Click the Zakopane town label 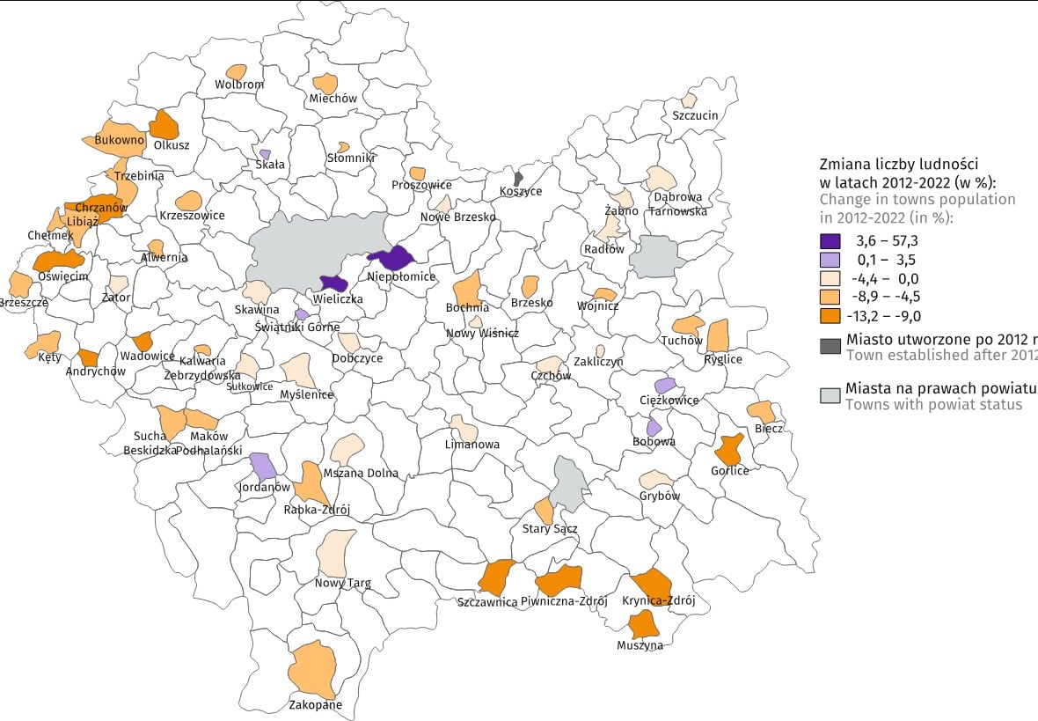point(316,704)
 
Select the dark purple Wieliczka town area point(333,283)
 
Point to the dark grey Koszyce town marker point(519,178)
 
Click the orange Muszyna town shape point(645,624)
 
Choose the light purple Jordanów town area point(262,465)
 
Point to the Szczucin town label point(695,115)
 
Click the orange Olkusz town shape point(164,124)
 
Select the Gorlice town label point(730,471)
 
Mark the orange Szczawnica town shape point(497,577)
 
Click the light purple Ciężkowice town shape point(665,386)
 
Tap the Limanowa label point(472,445)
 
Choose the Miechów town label point(333,99)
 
